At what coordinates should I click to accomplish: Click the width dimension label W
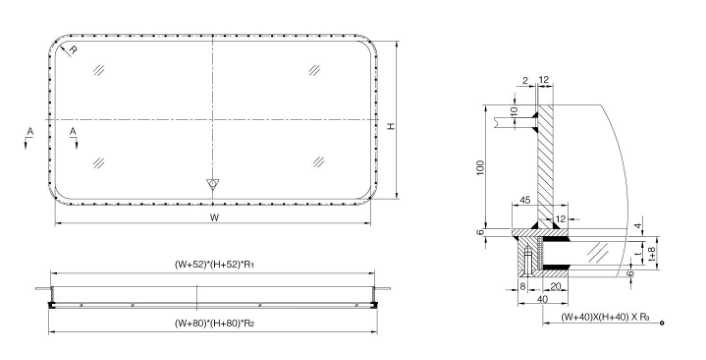coord(213,217)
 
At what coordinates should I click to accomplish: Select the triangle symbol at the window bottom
coord(211,184)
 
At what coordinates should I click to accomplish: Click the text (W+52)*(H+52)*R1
coord(212,264)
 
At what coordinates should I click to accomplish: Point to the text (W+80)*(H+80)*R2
coord(212,323)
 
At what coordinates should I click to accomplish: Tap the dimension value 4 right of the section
coord(639,226)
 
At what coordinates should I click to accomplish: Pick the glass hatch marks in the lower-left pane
coord(98,161)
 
